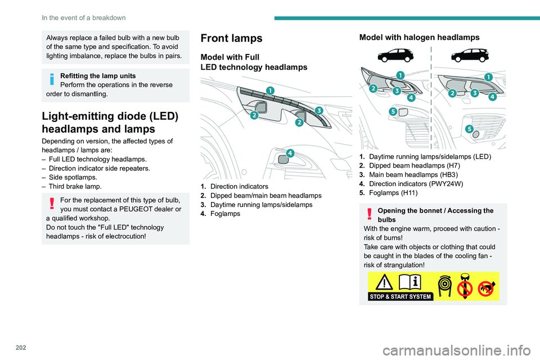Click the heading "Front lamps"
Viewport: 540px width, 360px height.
pos(231,38)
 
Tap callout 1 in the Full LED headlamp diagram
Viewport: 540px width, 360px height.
pos(271,90)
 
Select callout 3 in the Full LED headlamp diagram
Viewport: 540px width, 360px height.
pos(318,110)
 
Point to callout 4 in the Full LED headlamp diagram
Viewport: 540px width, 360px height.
pos(290,153)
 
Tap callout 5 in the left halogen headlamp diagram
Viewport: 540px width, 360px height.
pos(392,111)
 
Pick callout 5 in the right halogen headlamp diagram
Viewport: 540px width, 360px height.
pos(469,129)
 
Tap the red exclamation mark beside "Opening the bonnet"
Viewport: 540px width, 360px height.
pos(369,214)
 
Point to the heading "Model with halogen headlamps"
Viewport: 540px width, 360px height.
pos(419,37)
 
